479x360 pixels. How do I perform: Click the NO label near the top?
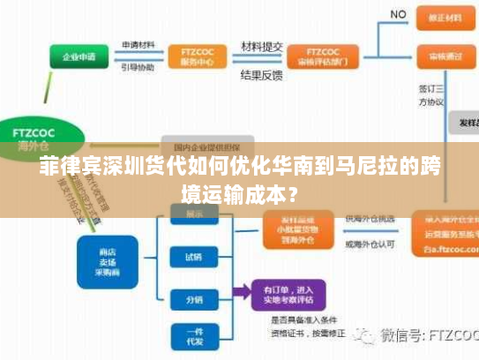coord(399,14)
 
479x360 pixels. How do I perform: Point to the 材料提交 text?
coord(262,46)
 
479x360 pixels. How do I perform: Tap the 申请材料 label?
coord(138,46)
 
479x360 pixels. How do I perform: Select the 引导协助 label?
coord(138,67)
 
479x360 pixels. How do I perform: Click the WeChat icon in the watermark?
coord(364,336)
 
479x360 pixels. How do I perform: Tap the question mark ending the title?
coord(291,191)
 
